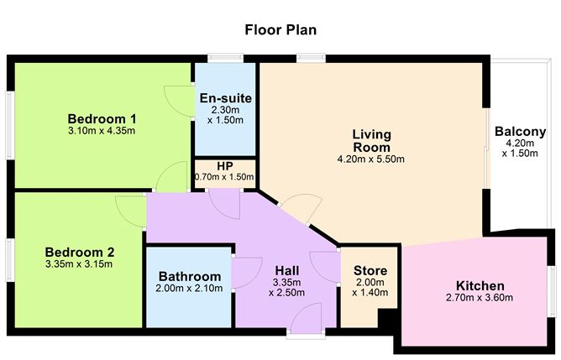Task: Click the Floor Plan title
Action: [280, 30]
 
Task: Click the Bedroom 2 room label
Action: [79, 251]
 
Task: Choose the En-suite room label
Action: [225, 97]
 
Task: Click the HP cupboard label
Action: [224, 166]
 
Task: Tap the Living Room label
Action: [371, 140]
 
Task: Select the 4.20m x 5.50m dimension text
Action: [371, 159]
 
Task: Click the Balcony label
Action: [521, 132]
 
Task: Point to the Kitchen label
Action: [480, 284]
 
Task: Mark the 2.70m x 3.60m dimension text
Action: [480, 297]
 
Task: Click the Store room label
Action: [370, 270]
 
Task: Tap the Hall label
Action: [286, 271]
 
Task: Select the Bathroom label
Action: [190, 276]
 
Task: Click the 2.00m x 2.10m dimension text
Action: [190, 289]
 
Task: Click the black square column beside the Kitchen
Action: [387, 320]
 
